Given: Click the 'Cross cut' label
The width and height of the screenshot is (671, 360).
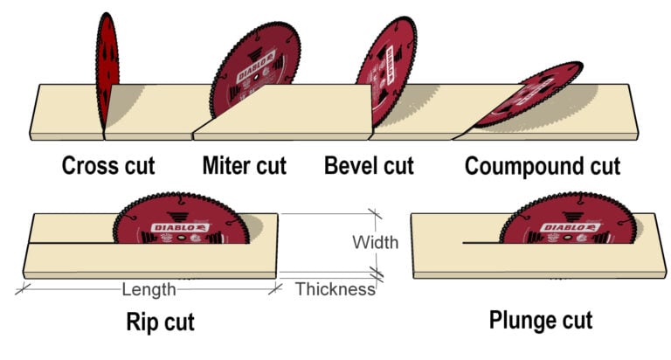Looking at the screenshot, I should click(x=107, y=165).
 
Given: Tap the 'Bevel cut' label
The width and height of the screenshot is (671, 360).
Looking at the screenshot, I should click(x=368, y=165).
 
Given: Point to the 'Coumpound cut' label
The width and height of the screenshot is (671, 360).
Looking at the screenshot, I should click(x=542, y=166).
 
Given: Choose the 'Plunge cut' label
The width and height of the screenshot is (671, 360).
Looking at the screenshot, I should click(x=541, y=320).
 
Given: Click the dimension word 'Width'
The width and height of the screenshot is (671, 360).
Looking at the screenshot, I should click(x=375, y=242).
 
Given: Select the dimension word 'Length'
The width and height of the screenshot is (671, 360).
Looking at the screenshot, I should click(x=149, y=289).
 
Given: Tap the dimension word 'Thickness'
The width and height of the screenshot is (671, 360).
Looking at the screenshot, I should click(x=335, y=289).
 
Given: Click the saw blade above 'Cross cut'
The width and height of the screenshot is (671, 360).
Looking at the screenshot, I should click(x=107, y=70).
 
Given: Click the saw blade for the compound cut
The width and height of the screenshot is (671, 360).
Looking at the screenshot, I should click(x=529, y=96).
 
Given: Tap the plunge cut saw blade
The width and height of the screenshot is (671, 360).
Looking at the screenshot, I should click(x=568, y=223).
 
